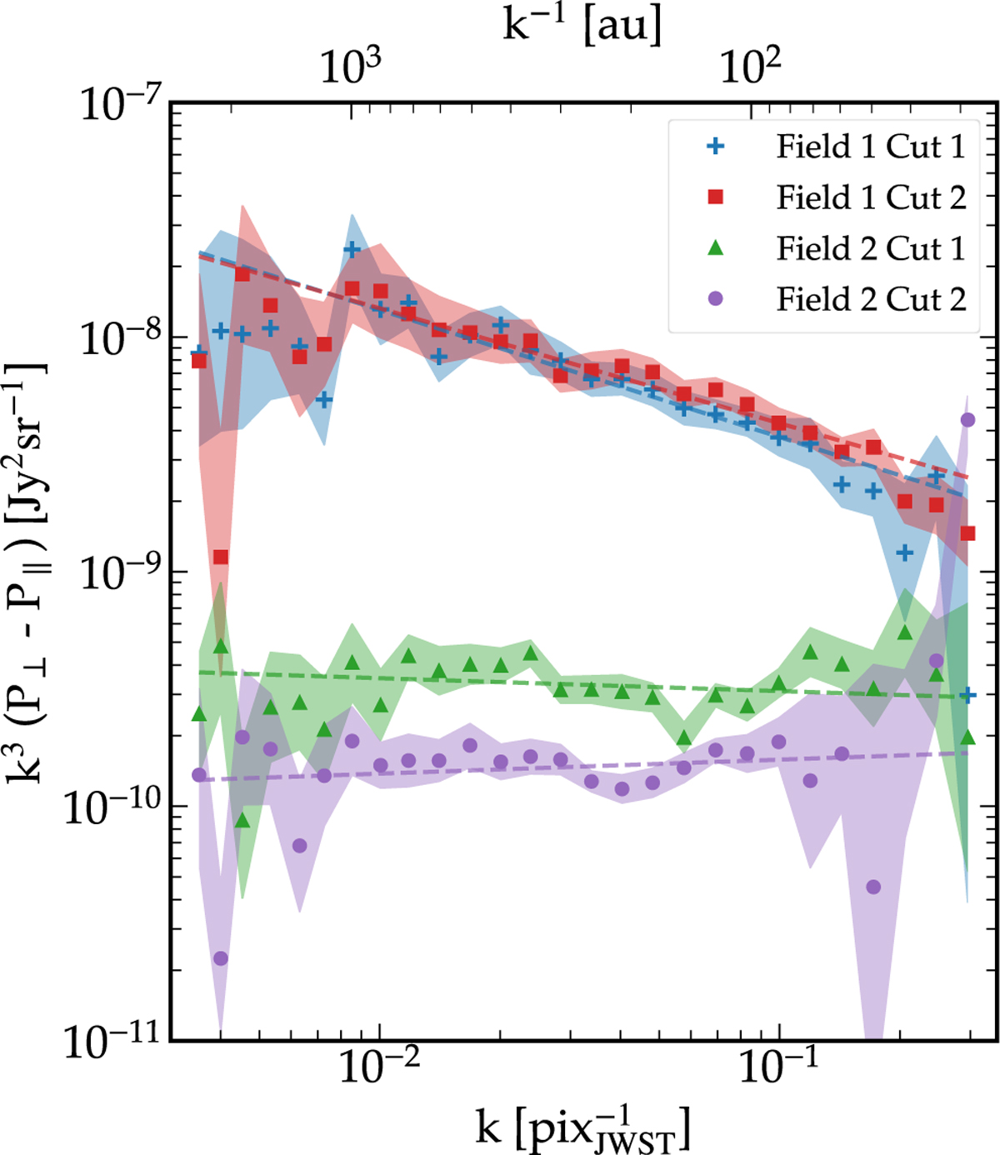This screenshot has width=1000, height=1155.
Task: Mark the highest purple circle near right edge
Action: click(x=967, y=420)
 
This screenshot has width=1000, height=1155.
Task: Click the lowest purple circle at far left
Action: click(x=220, y=958)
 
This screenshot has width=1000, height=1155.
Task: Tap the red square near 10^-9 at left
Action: click(x=220, y=557)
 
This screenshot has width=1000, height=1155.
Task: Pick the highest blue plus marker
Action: click(x=352, y=249)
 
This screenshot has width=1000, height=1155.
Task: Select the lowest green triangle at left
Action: click(x=242, y=821)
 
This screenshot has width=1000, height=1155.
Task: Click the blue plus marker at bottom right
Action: click(x=967, y=695)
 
